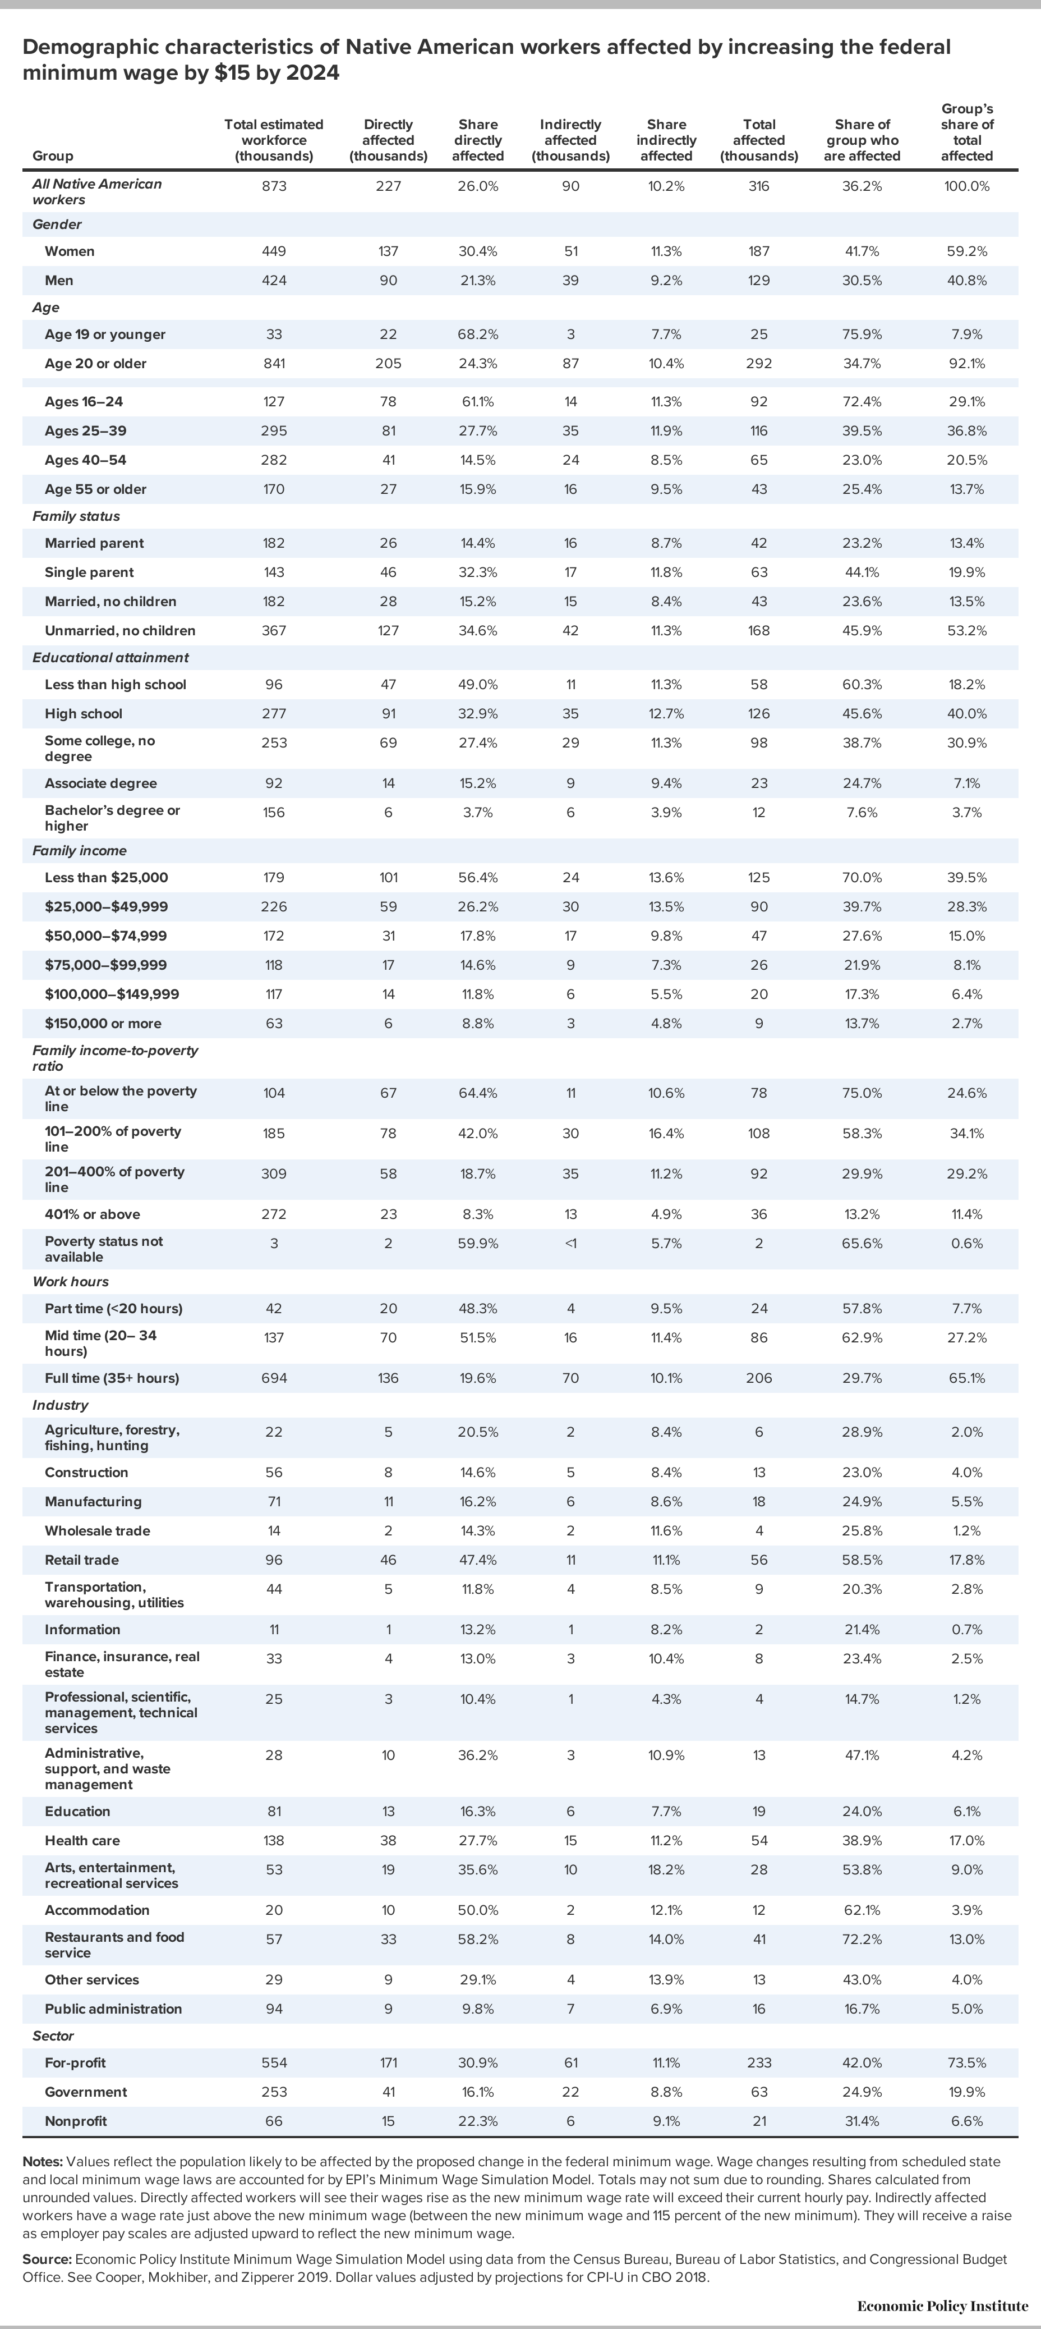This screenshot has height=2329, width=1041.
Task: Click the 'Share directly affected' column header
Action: [x=477, y=140]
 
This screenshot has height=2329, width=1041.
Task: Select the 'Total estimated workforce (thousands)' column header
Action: [x=274, y=140]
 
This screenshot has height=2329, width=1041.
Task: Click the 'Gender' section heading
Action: [x=57, y=224]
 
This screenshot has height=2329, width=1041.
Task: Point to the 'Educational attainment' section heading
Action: [x=110, y=657]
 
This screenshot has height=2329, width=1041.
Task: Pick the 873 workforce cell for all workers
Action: [x=274, y=186]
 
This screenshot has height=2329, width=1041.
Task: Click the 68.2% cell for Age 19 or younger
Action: [x=477, y=334]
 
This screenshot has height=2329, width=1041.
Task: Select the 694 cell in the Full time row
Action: [x=274, y=1378]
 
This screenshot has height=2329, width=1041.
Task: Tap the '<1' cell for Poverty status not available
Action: [x=570, y=1243]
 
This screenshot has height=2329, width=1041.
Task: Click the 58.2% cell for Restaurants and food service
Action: [x=477, y=1940]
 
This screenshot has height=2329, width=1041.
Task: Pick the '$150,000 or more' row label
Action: [x=103, y=1024]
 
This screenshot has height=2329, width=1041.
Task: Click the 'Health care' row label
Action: [x=82, y=1841]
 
